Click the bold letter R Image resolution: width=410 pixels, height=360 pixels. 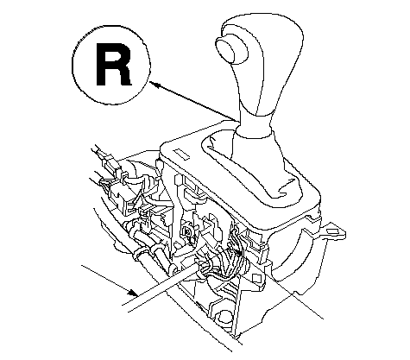[x=113, y=64]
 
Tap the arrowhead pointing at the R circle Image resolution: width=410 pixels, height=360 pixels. [x=155, y=85]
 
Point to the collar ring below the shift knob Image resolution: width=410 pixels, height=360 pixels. [x=253, y=132]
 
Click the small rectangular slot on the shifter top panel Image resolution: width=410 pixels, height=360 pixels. [x=181, y=155]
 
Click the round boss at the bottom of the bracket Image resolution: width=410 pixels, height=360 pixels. [x=224, y=317]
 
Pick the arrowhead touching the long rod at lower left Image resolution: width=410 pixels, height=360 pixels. [x=133, y=293]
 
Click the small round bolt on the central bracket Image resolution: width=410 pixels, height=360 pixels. [x=186, y=231]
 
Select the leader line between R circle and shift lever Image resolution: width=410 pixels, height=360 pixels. [x=193, y=101]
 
